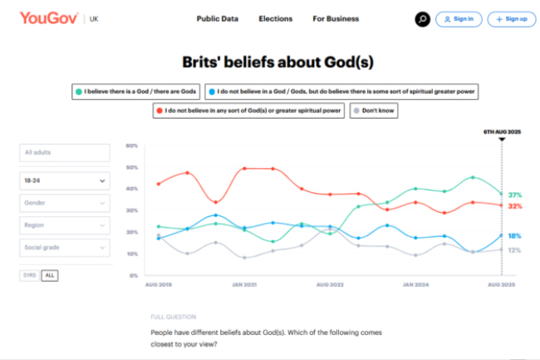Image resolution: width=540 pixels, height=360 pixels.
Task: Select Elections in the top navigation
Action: [x=275, y=18]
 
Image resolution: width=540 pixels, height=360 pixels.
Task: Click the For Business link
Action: [x=336, y=18]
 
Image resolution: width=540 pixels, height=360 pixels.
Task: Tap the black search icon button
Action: [x=423, y=18]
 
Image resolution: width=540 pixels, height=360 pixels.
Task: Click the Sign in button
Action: [x=459, y=18]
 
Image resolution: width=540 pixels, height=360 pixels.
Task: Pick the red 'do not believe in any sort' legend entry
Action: [x=248, y=110]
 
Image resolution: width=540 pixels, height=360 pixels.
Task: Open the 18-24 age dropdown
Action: [x=65, y=179]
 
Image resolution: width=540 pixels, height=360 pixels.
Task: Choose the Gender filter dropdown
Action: [x=65, y=202]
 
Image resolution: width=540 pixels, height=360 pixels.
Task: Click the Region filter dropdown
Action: [x=65, y=224]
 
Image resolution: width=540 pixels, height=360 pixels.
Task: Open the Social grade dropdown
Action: [x=65, y=247]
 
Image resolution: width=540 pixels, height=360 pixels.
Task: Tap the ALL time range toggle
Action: [x=50, y=275]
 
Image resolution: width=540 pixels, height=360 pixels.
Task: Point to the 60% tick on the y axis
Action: [x=131, y=145]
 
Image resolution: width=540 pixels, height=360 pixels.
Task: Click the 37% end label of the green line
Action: [x=515, y=195]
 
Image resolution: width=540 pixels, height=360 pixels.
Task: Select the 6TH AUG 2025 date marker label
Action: [x=501, y=131]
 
